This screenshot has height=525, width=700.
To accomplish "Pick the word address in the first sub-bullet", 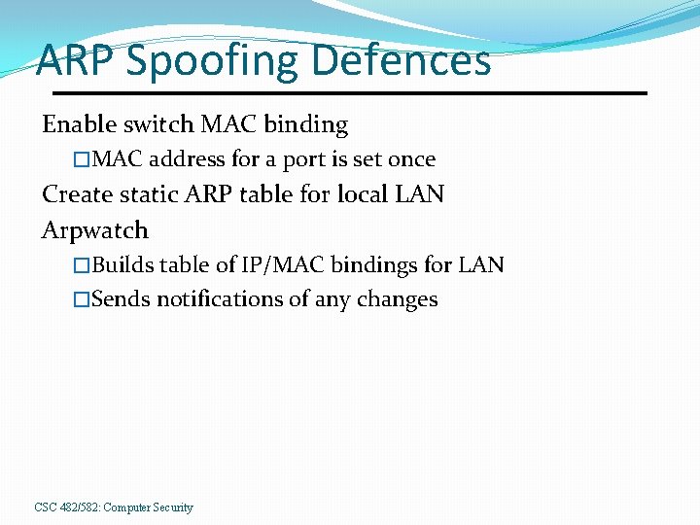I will pyautogui.click(x=188, y=159).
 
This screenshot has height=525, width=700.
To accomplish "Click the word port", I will pyautogui.click(x=303, y=160).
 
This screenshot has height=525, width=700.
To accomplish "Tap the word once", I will pyautogui.click(x=411, y=159).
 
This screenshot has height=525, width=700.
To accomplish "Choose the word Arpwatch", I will pyautogui.click(x=95, y=231).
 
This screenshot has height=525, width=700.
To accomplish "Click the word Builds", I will pyautogui.click(x=122, y=264).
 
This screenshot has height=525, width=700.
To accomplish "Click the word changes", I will pyautogui.click(x=399, y=300).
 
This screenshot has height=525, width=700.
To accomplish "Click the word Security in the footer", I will pyautogui.click(x=172, y=507).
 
